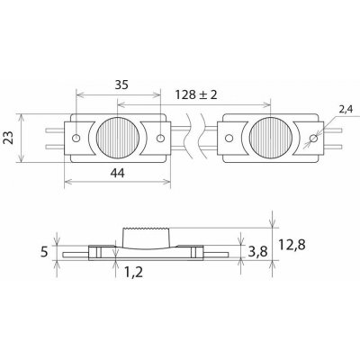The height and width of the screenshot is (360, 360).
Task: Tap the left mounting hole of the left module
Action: click(x=78, y=138)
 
